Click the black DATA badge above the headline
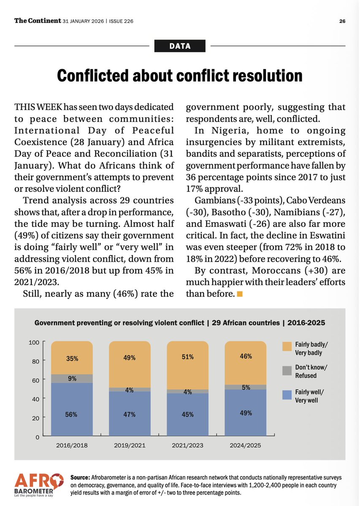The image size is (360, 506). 180,46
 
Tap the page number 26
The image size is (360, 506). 343,21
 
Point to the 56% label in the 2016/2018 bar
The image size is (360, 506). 71,414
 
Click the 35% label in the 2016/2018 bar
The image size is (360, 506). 71,360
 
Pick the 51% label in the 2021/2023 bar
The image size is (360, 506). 188,357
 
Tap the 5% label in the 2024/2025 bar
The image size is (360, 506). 246,387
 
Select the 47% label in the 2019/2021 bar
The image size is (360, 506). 130,414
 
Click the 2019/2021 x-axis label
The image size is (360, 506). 130,445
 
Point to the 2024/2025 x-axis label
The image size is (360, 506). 246,445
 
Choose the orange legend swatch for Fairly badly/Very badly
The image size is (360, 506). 287,346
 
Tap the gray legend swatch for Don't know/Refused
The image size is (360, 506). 287,370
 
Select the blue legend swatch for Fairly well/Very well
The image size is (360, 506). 287,395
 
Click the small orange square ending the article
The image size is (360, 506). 240,294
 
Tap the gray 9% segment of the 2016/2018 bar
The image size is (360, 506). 71,379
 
